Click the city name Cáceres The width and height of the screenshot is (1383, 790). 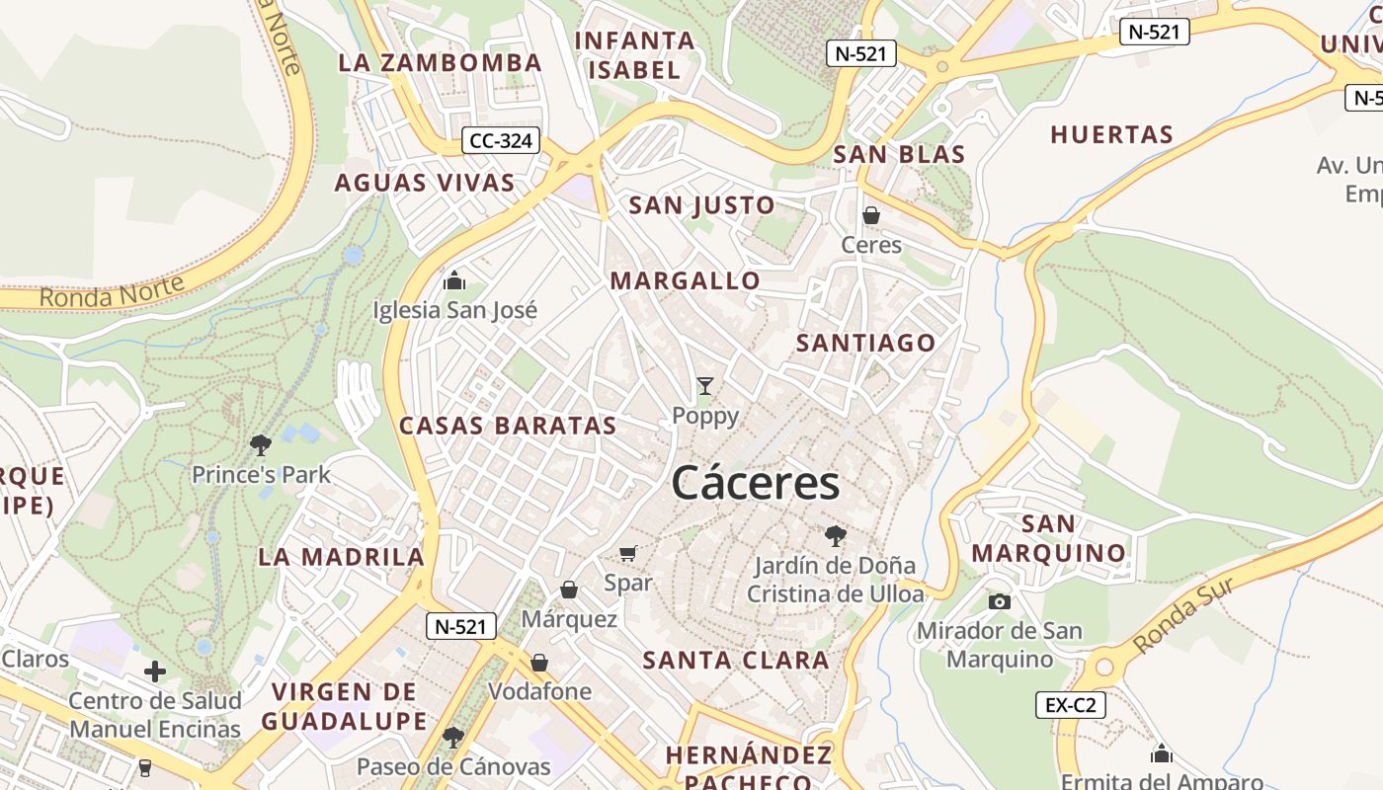(756, 484)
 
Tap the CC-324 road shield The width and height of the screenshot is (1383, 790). (502, 141)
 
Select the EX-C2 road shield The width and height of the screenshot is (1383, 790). (1070, 705)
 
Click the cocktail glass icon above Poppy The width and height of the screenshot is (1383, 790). (705, 386)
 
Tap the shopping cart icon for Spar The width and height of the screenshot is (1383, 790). (628, 554)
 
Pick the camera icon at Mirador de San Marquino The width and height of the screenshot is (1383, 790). (1000, 601)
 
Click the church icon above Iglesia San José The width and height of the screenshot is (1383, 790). (454, 280)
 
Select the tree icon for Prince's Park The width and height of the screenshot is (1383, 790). (261, 445)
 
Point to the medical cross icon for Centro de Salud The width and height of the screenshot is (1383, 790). (155, 672)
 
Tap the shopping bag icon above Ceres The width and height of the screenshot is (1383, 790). (871, 214)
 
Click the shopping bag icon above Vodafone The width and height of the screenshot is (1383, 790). (539, 663)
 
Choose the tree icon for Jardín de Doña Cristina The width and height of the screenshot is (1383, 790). (836, 536)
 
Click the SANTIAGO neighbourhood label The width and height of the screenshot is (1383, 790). (866, 343)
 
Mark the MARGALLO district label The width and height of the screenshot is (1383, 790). (686, 280)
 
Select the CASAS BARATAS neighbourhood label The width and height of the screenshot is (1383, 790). (508, 426)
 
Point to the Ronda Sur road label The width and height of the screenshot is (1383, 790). (1183, 615)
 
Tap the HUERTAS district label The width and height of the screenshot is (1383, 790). (1111, 134)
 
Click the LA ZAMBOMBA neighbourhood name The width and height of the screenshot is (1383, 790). (441, 62)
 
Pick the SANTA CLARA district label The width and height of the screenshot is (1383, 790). (736, 660)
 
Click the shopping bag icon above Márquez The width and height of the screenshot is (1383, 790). (569, 591)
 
